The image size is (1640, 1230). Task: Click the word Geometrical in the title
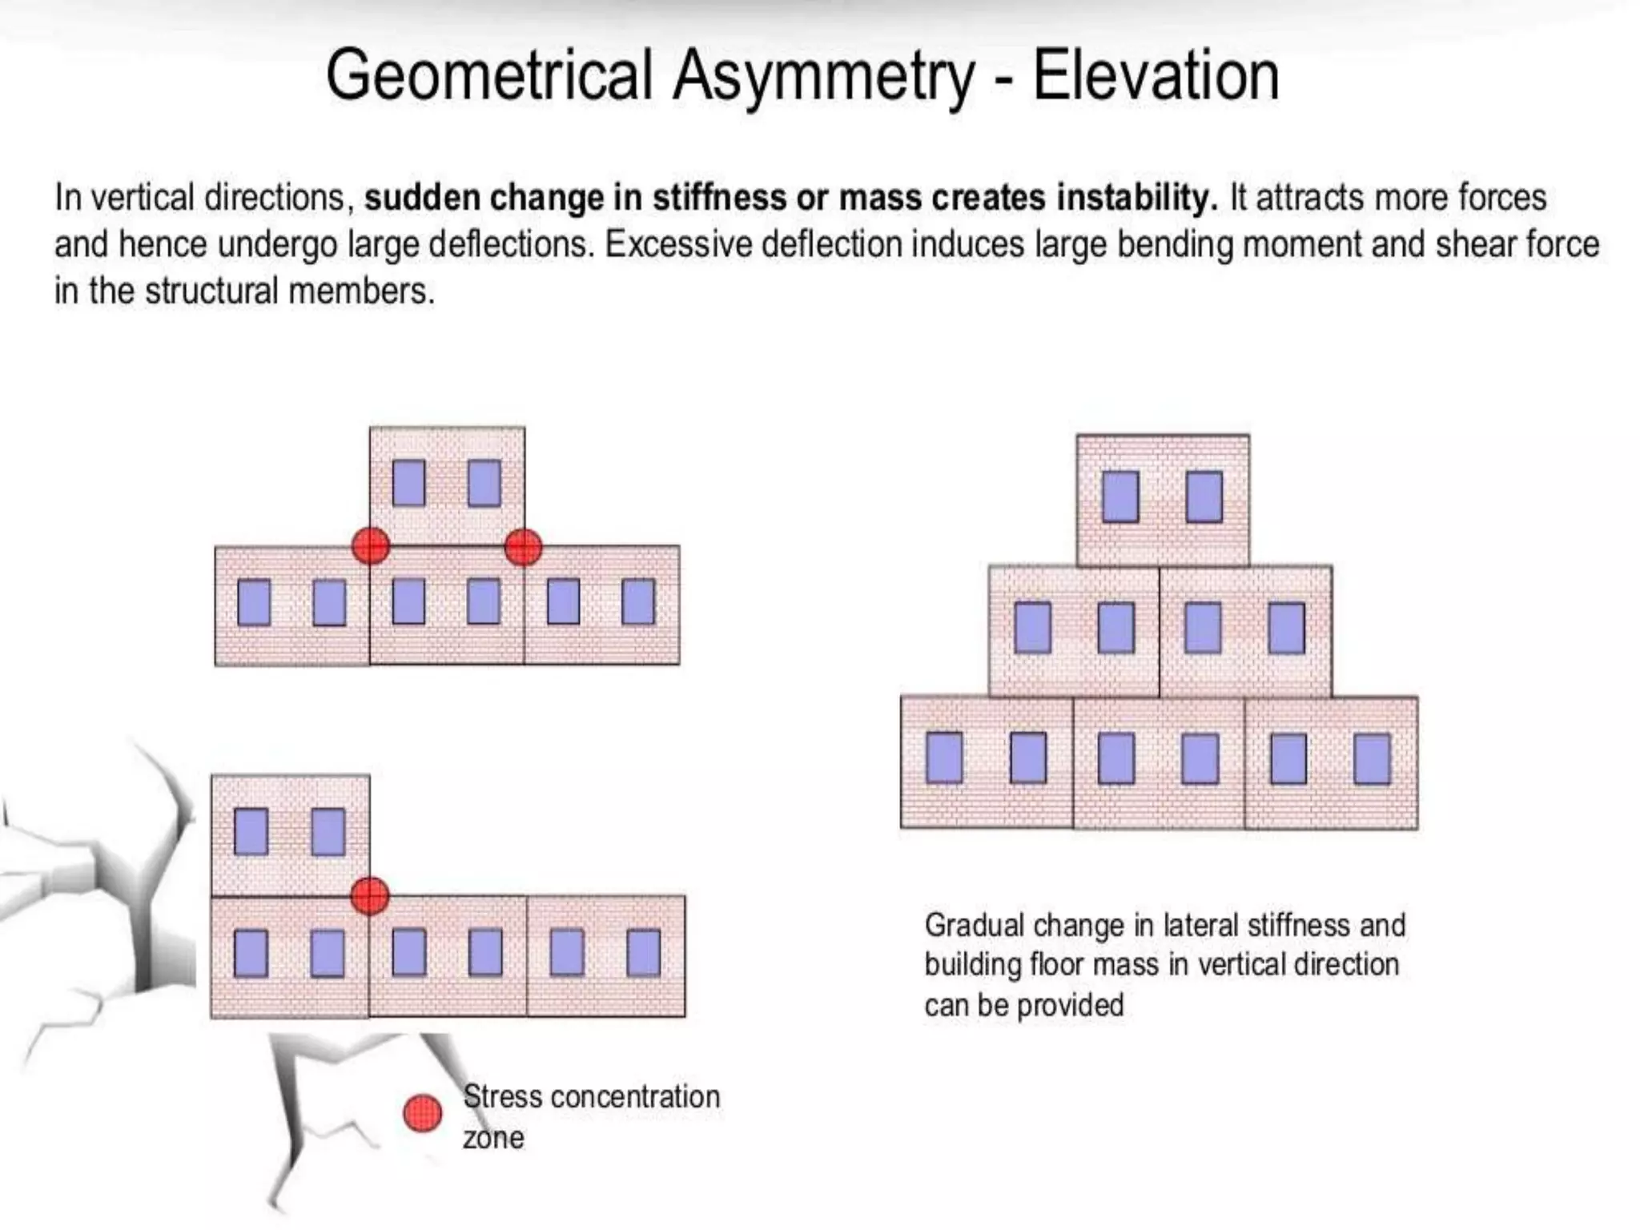pyautogui.click(x=488, y=75)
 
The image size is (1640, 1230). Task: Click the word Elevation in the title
pyautogui.click(x=1156, y=75)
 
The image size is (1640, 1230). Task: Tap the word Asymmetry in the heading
pyautogui.click(x=823, y=77)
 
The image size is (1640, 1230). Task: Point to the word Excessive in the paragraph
pyautogui.click(x=677, y=245)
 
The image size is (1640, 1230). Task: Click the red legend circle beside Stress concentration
pyautogui.click(x=422, y=1113)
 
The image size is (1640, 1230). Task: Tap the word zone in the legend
pyautogui.click(x=493, y=1138)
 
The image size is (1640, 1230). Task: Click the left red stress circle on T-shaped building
pyautogui.click(x=371, y=546)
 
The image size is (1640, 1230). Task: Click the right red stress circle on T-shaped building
pyautogui.click(x=524, y=547)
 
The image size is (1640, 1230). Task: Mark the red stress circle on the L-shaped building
pyautogui.click(x=370, y=895)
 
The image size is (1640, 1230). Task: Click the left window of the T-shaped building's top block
pyautogui.click(x=408, y=483)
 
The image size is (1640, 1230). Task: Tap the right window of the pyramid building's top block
pyautogui.click(x=1204, y=496)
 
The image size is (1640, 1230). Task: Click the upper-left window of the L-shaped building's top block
pyautogui.click(x=251, y=831)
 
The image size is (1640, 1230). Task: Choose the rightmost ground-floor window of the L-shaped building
pyautogui.click(x=643, y=952)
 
